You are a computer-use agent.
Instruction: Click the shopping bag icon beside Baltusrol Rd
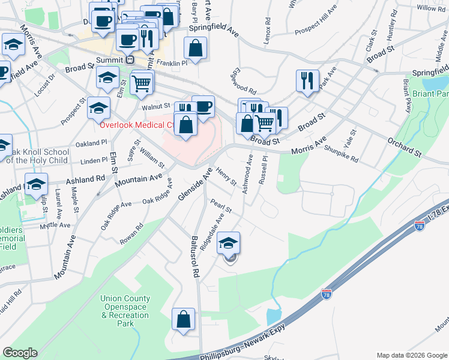pyautogui.click(x=183, y=319)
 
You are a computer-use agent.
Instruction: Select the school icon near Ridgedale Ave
pyautogui.click(x=228, y=243)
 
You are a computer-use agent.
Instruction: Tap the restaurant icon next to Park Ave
pyautogui.click(x=307, y=80)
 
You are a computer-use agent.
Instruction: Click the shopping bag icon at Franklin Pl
pyautogui.click(x=195, y=48)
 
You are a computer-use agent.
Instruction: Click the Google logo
pyautogui.click(x=20, y=352)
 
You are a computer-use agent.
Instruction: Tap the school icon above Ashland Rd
pyautogui.click(x=37, y=184)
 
